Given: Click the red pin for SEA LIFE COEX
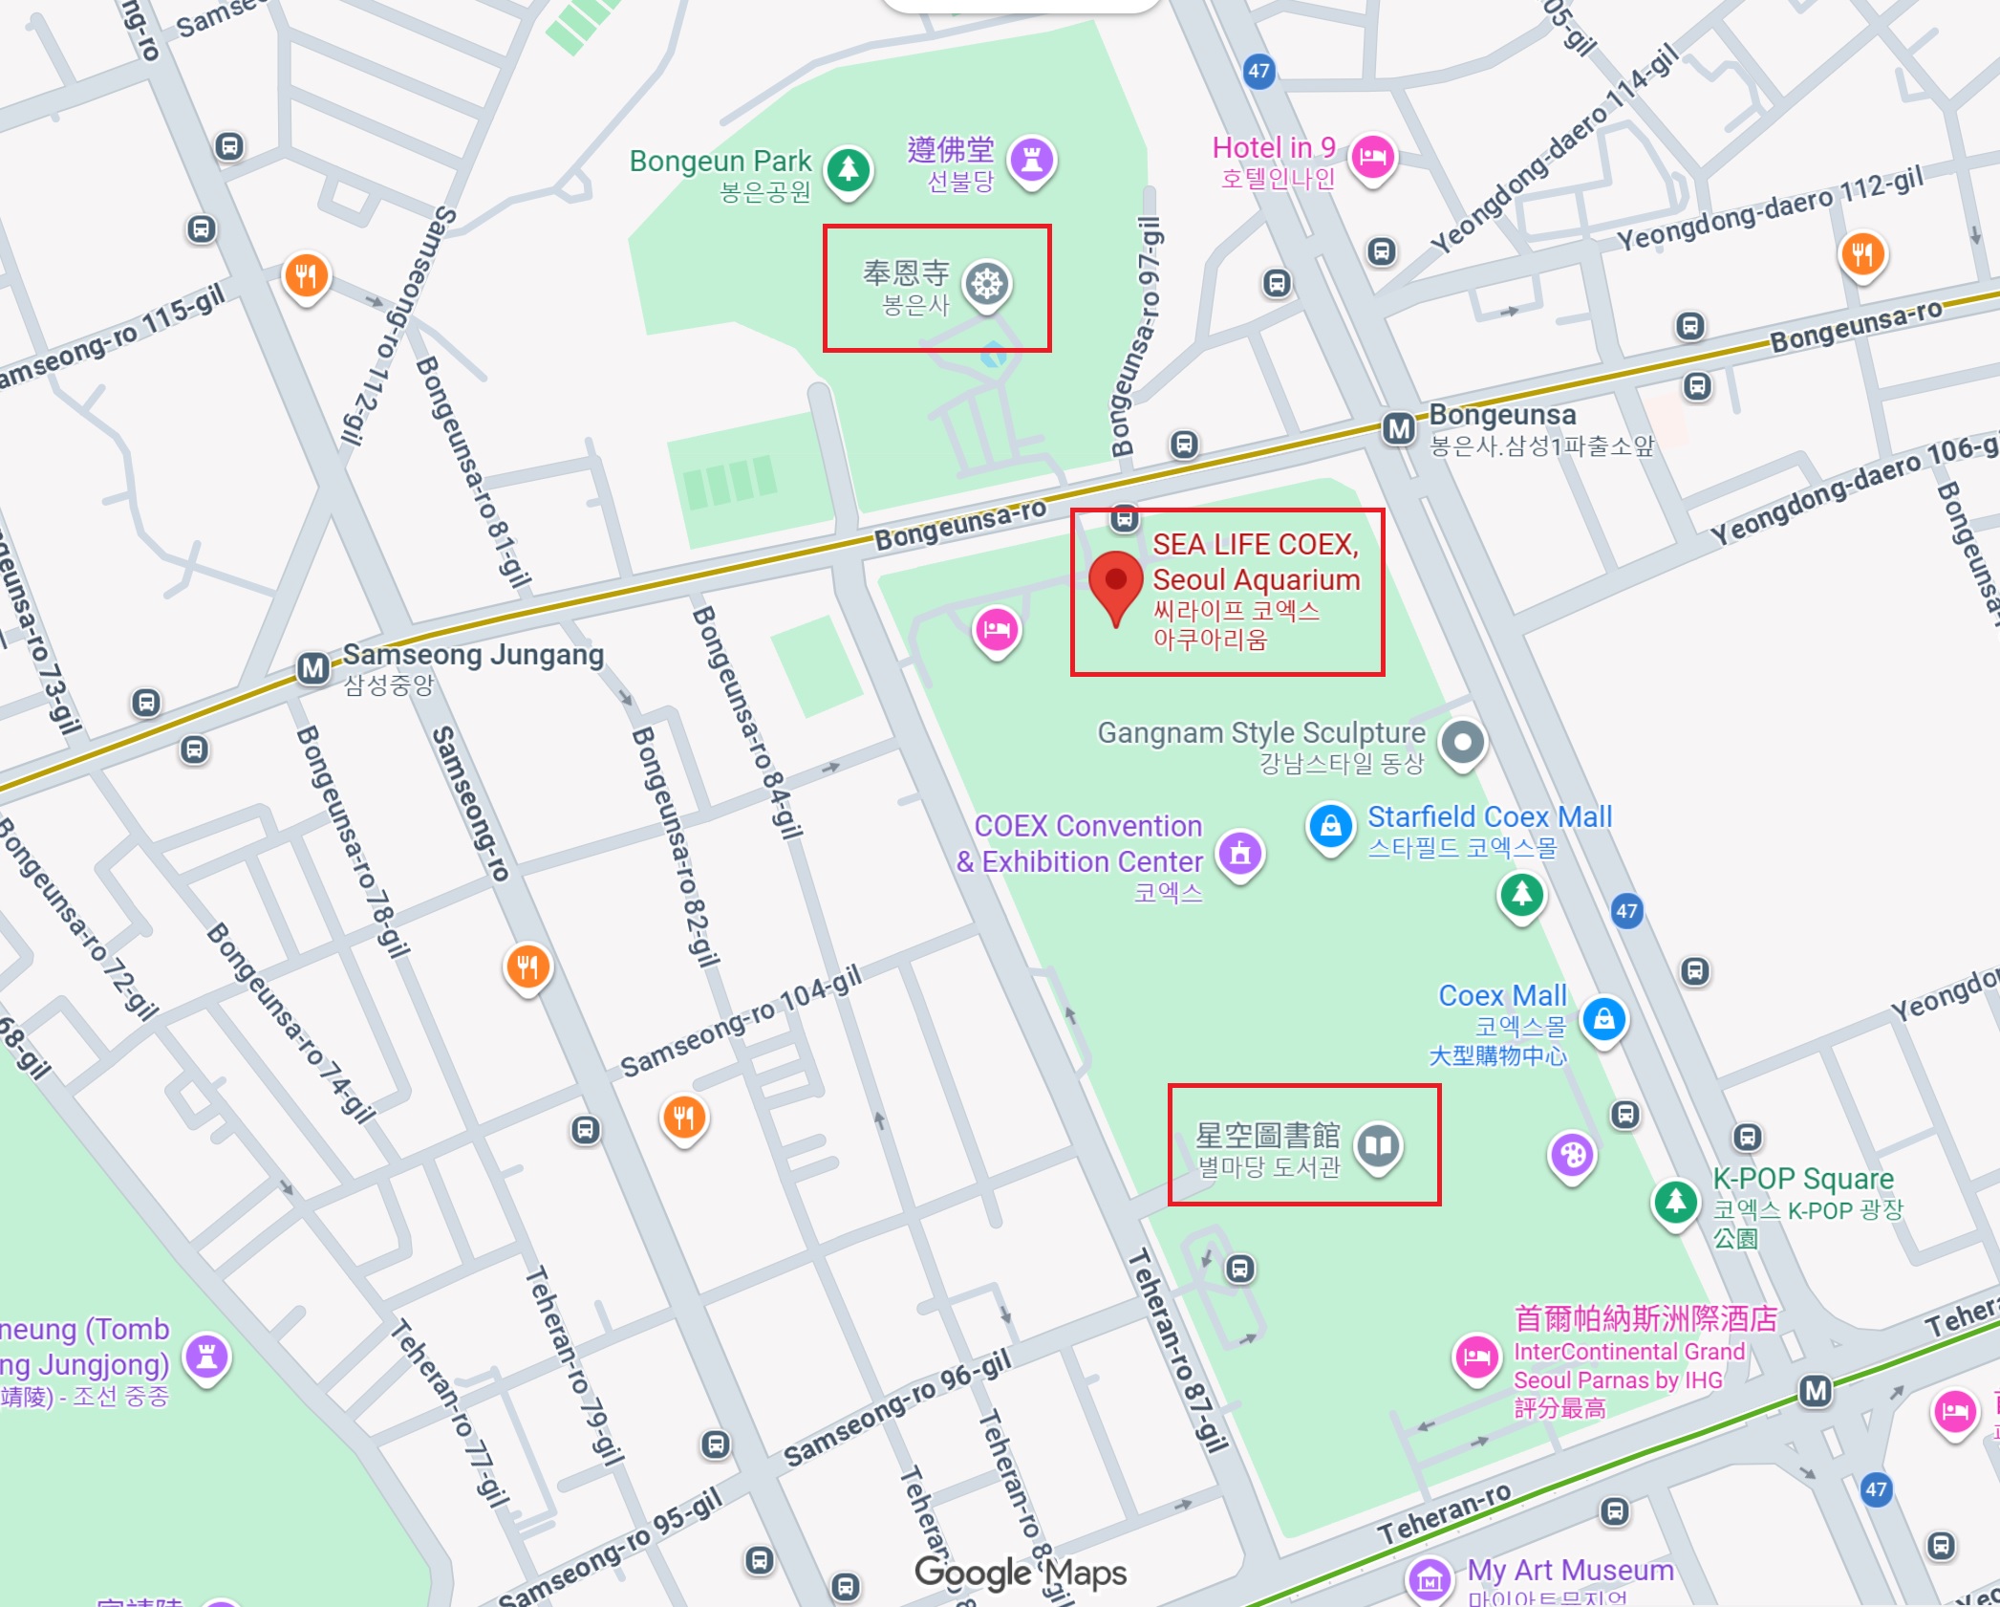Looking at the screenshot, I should coord(1115,580).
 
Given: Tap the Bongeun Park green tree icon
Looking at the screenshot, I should coord(848,169).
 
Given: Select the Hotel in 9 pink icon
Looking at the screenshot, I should coord(1372,156).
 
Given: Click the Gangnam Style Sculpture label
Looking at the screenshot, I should coord(1260,733).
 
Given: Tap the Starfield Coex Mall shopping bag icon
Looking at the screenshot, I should coord(1330,826).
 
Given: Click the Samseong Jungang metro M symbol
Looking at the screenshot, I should coord(313,668).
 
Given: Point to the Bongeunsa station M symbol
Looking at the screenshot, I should coord(1399,428).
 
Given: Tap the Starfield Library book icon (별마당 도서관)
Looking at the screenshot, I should coord(1378,1144).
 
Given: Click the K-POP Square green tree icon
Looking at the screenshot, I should coord(1675,1201).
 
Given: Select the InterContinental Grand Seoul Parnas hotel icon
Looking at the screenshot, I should coord(1476,1356).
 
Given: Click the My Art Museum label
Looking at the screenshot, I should coord(1570,1570).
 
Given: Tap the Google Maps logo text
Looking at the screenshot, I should coord(1020,1573).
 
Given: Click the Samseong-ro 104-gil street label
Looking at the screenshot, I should coord(741,1021).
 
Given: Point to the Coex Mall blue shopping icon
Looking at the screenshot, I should coord(1604,1018).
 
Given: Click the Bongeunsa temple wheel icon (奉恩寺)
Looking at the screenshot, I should coord(987,284).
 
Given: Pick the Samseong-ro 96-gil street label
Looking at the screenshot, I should coord(896,1409).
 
